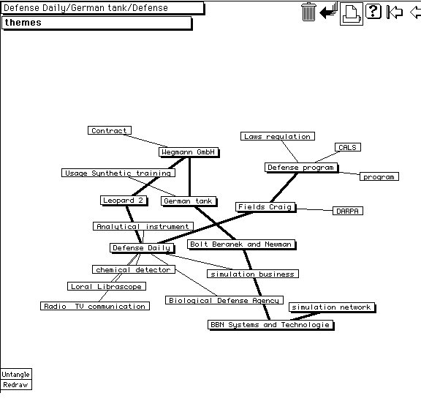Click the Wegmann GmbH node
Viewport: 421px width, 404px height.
(x=189, y=152)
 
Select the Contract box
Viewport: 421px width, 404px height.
(x=110, y=130)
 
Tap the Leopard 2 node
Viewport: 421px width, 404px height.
(x=124, y=201)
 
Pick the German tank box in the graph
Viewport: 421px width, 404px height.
(x=189, y=201)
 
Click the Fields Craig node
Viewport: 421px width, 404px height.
(x=265, y=207)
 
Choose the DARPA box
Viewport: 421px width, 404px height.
(x=348, y=211)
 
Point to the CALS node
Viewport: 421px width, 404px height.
(x=348, y=147)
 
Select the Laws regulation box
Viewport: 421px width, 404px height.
(x=278, y=136)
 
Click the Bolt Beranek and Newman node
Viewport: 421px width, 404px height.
(x=241, y=244)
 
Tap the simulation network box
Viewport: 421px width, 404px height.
(x=332, y=307)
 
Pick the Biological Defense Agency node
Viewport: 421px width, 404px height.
(x=224, y=300)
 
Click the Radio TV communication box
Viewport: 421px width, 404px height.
(x=95, y=306)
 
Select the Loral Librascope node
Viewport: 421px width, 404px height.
(x=107, y=286)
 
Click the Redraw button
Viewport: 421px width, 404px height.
(x=16, y=385)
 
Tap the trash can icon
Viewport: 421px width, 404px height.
(x=308, y=12)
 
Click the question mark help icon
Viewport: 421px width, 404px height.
(x=373, y=11)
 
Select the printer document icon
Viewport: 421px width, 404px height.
(x=351, y=13)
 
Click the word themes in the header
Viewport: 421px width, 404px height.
(x=23, y=23)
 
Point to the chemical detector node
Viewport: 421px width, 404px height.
(x=134, y=269)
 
